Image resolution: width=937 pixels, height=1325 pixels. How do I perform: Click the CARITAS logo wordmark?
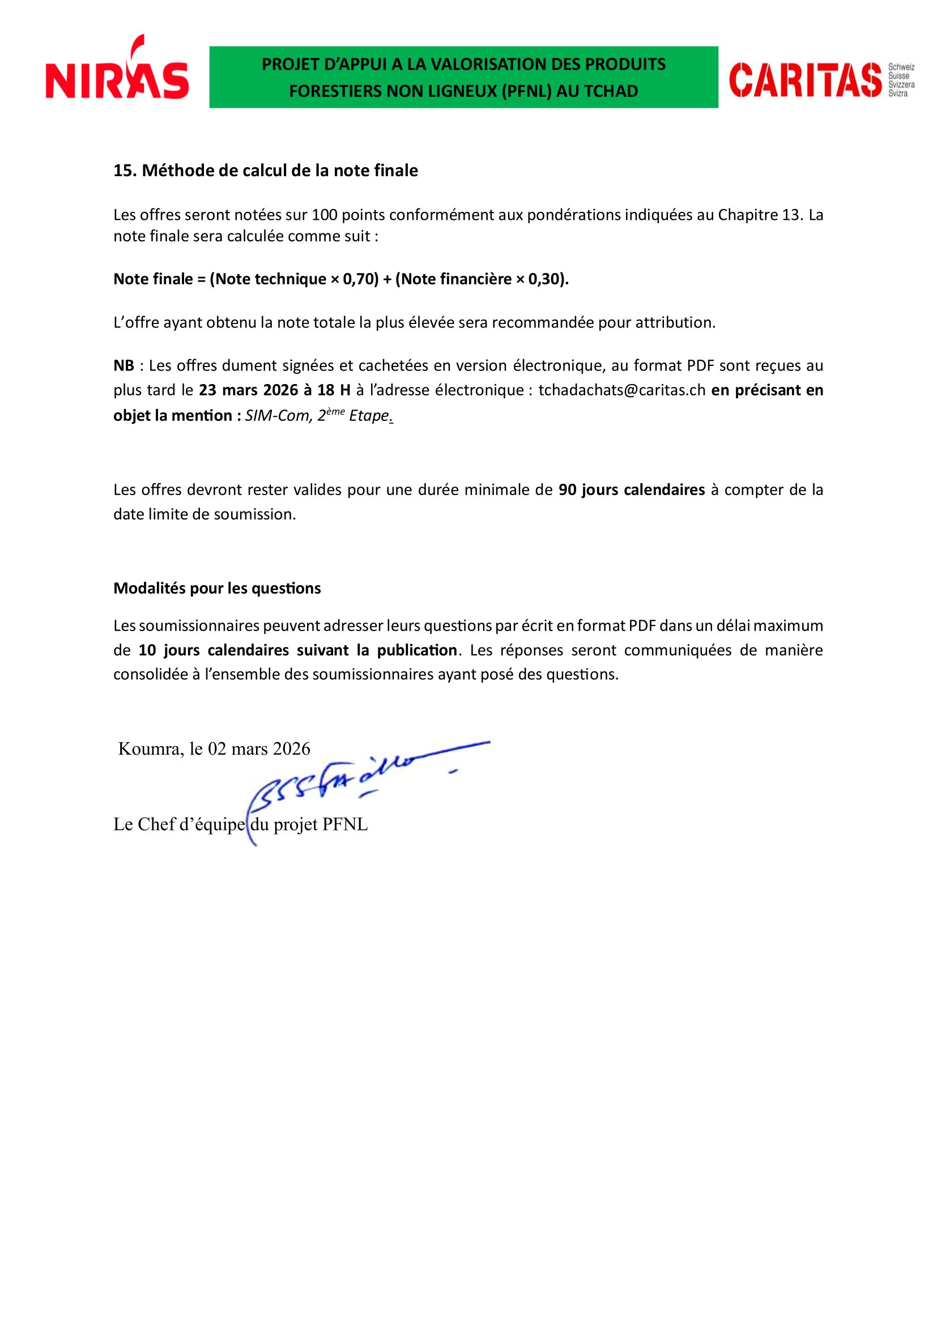(805, 80)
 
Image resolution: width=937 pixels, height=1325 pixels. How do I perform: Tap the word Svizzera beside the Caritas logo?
(901, 85)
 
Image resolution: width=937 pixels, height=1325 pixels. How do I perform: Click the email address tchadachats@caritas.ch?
(621, 390)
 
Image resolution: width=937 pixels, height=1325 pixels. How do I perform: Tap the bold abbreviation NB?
(123, 366)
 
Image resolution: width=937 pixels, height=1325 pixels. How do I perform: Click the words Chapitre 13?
(759, 215)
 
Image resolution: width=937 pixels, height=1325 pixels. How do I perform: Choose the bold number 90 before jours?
(567, 490)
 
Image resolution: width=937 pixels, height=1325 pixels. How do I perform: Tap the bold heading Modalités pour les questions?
(217, 589)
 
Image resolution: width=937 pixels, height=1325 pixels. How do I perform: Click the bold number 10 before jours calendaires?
(147, 650)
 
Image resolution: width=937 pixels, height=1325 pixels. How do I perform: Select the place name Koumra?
(149, 749)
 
